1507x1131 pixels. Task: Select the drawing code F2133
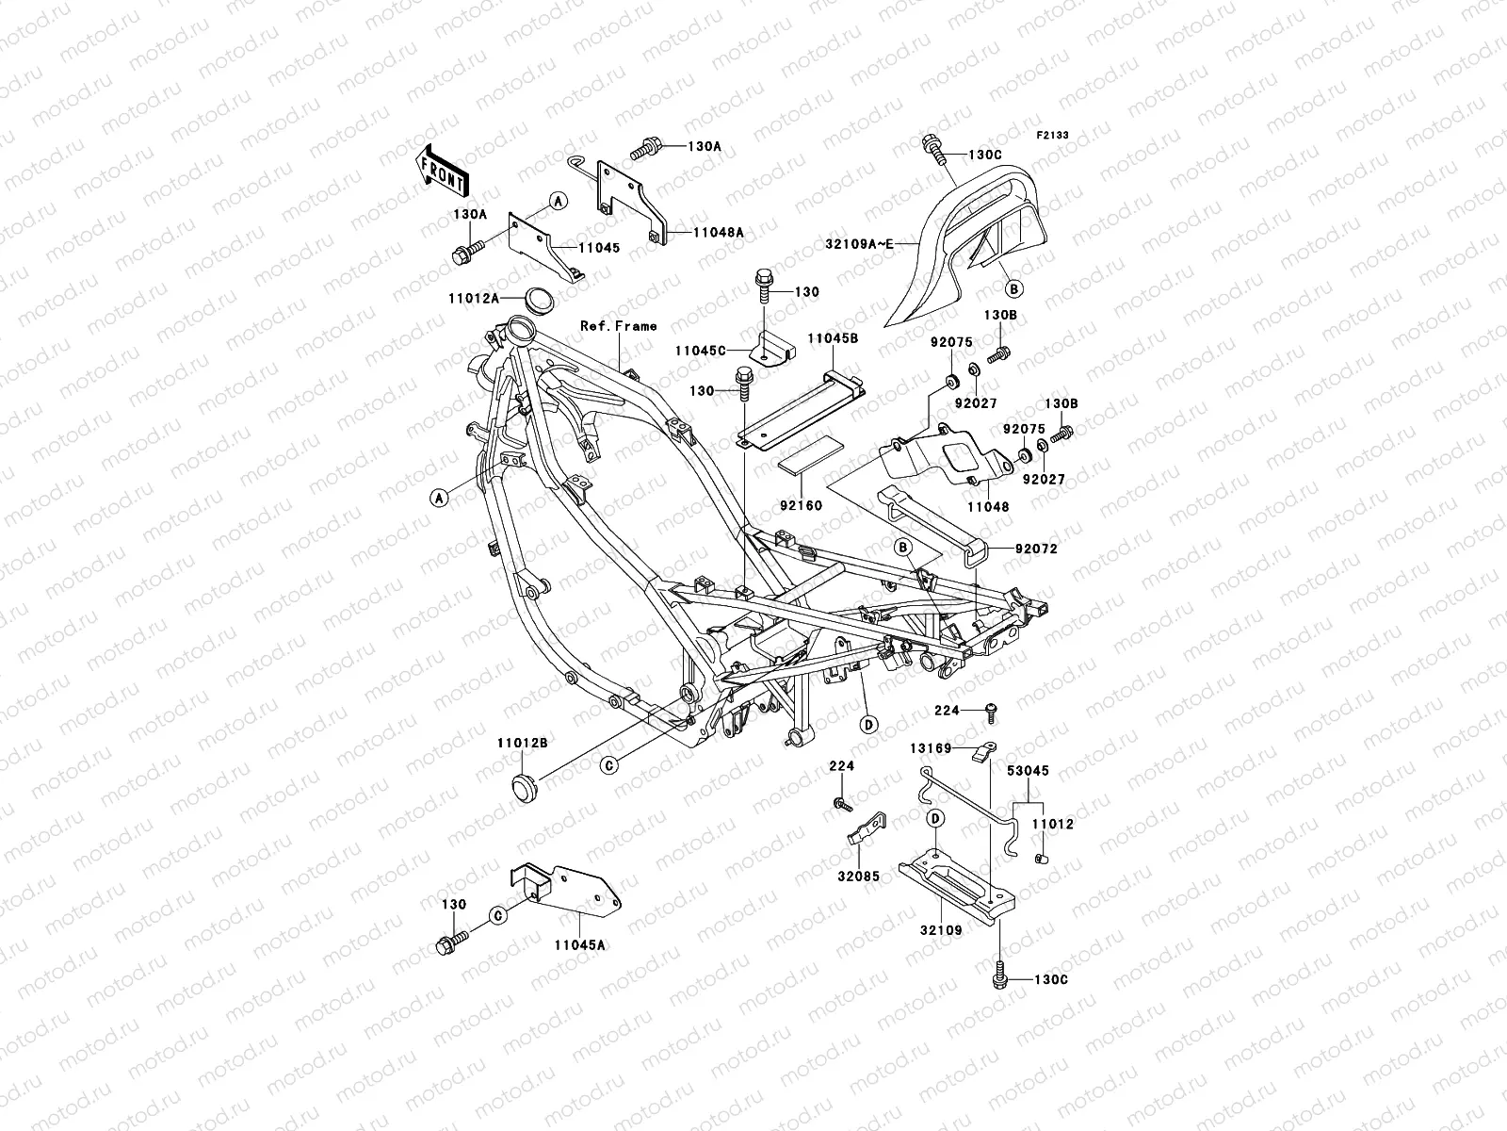1054,136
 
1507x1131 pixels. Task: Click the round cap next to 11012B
523,786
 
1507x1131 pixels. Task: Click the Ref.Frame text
619,326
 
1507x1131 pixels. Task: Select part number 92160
801,505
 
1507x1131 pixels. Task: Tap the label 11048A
719,232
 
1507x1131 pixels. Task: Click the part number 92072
1036,548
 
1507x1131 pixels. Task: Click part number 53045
1027,771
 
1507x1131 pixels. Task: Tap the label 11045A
579,943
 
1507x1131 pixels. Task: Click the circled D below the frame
868,725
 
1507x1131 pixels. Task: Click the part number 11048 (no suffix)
986,507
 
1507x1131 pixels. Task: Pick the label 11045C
700,350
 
